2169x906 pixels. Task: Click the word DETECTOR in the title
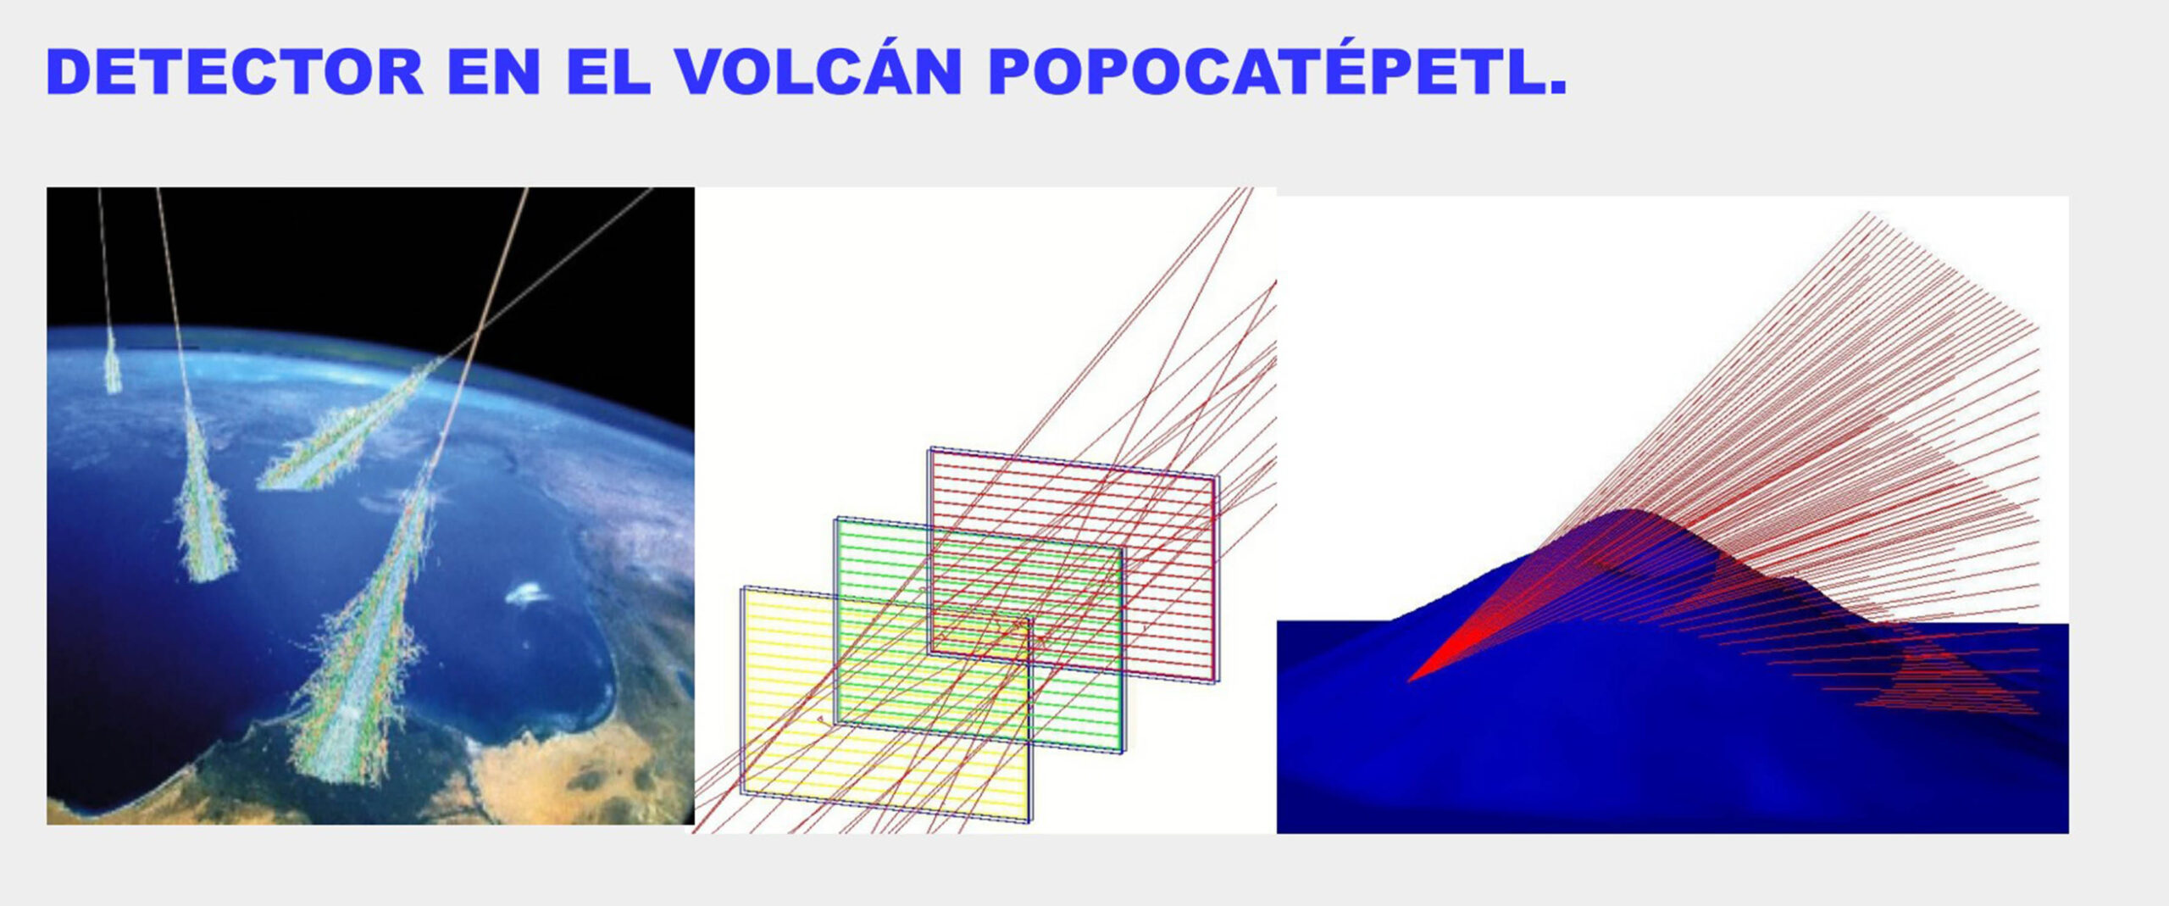235,71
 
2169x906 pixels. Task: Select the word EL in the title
607,71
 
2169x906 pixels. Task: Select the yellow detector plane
887,703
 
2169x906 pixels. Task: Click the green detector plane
980,635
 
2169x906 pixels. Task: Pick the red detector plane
1073,564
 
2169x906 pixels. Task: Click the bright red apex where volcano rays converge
1412,678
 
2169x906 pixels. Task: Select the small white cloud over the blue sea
529,594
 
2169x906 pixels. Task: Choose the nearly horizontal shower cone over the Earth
347,432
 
